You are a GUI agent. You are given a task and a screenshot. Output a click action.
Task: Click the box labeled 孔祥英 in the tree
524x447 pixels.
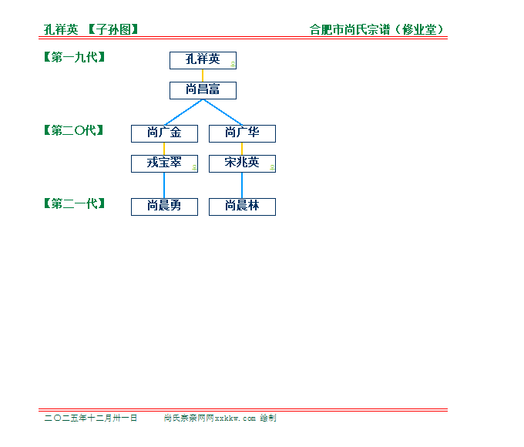click(x=203, y=61)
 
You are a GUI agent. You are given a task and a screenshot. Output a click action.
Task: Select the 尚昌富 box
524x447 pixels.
click(x=203, y=91)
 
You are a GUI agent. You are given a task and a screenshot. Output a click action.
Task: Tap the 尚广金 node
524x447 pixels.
click(x=164, y=134)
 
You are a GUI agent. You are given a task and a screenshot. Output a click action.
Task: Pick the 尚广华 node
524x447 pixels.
click(x=242, y=134)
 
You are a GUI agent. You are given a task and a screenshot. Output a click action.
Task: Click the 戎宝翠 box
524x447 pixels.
click(x=164, y=164)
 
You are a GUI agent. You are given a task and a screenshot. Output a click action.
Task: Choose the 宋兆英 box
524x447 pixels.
click(x=242, y=164)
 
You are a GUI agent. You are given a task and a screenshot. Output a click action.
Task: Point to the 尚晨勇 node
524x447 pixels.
click(x=164, y=207)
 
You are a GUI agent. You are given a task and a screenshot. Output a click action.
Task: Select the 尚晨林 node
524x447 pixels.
click(x=242, y=207)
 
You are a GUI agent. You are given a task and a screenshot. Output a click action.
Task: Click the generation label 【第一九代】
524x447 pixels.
click(x=75, y=57)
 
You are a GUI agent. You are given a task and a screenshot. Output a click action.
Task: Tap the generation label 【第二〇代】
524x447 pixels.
click(x=74, y=130)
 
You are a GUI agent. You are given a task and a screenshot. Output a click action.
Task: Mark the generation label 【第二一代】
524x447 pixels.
click(x=75, y=203)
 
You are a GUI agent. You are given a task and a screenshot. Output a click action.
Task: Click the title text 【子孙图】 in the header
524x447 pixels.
click(x=113, y=29)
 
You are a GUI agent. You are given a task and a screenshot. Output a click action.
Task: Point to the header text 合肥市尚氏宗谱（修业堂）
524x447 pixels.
click(x=377, y=29)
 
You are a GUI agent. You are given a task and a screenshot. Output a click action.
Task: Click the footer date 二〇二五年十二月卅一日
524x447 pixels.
click(x=91, y=418)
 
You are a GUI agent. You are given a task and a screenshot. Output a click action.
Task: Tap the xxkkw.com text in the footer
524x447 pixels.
click(x=235, y=418)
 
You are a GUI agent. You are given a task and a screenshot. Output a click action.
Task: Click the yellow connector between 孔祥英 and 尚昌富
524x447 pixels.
click(x=203, y=76)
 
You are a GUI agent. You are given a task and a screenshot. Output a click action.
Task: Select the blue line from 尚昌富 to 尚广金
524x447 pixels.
click(x=183, y=113)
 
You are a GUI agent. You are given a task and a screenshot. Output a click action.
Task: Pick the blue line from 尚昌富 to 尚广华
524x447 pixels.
click(x=223, y=113)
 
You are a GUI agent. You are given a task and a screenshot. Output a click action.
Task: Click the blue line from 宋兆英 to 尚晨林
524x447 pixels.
click(x=242, y=186)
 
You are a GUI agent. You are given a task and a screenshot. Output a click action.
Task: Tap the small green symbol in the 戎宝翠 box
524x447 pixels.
click(x=194, y=167)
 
